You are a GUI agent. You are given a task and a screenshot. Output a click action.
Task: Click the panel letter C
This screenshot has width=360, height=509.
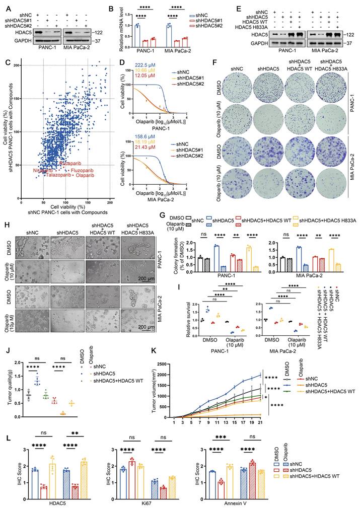7,62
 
